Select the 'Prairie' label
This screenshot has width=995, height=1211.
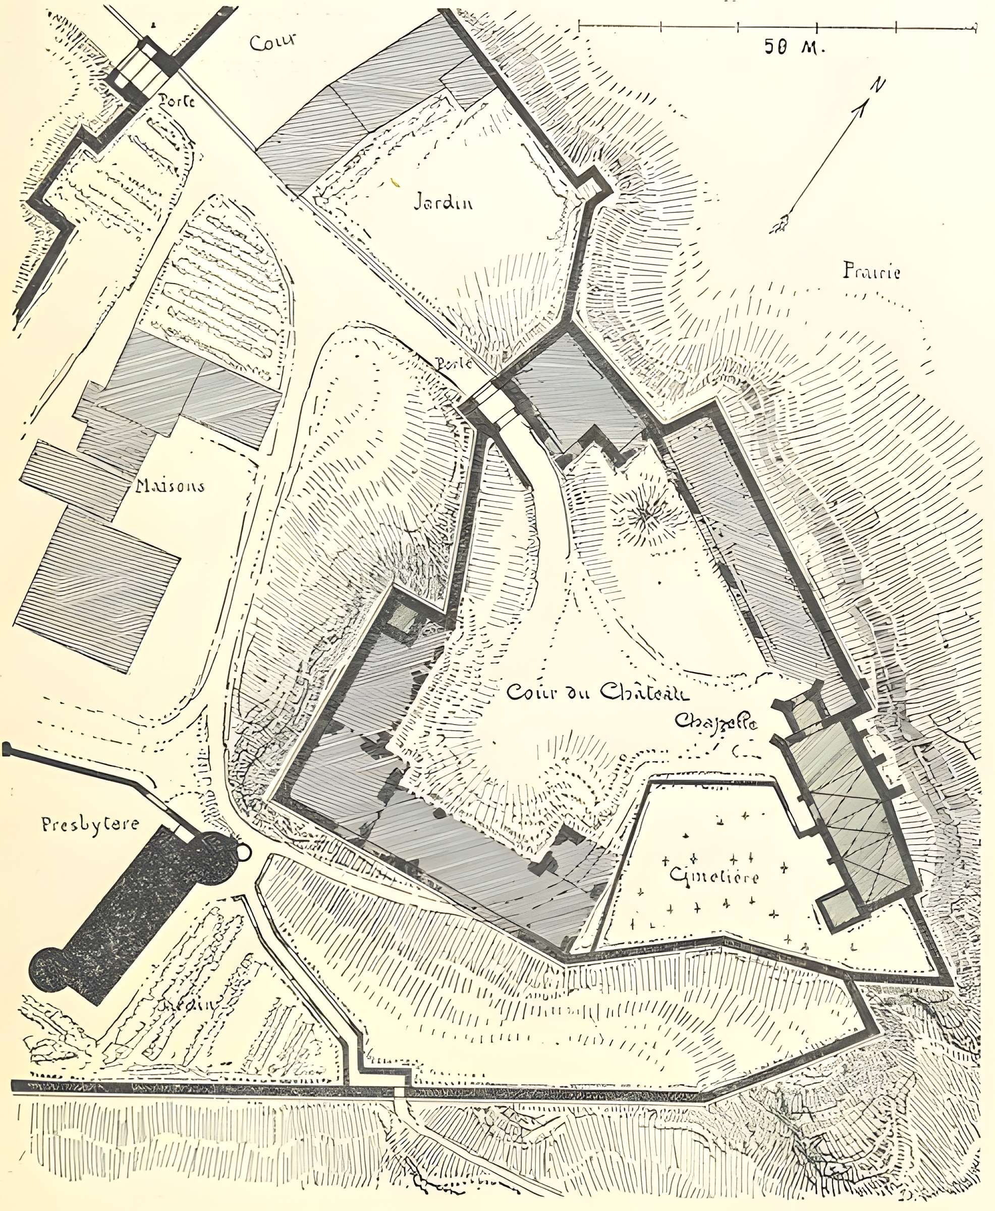[871, 271]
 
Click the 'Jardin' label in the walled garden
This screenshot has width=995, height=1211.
[443, 204]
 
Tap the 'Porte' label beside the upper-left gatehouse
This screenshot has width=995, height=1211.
[177, 102]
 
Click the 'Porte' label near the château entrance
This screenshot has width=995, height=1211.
[454, 364]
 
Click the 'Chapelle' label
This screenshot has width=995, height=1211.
[716, 721]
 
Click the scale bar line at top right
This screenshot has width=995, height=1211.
[777, 26]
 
